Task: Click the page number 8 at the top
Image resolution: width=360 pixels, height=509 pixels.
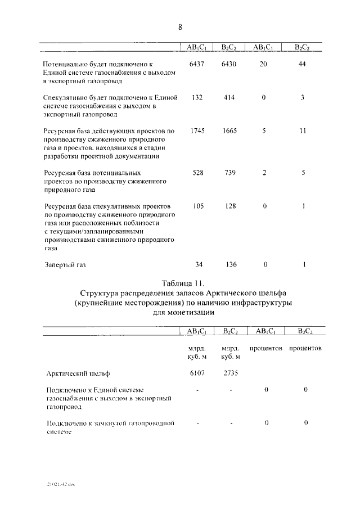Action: pyautogui.click(x=180, y=27)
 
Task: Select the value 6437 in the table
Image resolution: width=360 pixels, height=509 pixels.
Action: pyautogui.click(x=197, y=64)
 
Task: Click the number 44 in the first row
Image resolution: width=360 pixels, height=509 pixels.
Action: pyautogui.click(x=303, y=64)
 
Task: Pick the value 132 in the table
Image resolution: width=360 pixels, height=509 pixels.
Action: pyautogui.click(x=197, y=97)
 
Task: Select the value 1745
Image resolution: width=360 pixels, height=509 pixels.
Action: pyautogui.click(x=197, y=131)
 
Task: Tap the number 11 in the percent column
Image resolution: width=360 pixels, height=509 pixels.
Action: pyautogui.click(x=303, y=131)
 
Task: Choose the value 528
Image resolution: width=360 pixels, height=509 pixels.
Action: pyautogui.click(x=197, y=173)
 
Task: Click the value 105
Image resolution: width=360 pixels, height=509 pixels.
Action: pyautogui.click(x=197, y=206)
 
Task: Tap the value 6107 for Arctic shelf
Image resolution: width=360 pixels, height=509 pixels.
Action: pyautogui.click(x=197, y=372)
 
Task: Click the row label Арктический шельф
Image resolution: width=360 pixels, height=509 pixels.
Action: pyautogui.click(x=74, y=372)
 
